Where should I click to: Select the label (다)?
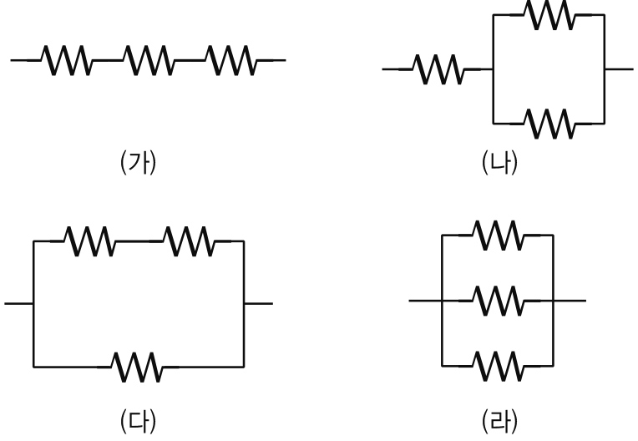[139, 415]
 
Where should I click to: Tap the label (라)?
[499, 415]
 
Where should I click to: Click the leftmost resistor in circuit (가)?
[66, 59]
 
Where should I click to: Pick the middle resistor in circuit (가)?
[148, 59]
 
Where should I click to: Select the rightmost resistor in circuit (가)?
[229, 59]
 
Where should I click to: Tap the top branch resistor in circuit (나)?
[549, 15]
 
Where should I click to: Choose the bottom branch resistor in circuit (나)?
[549, 124]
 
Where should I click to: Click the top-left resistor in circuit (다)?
[90, 241]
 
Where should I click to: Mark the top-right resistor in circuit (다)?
[189, 241]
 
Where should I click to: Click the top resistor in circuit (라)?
[499, 236]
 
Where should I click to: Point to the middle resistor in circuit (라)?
[499, 300]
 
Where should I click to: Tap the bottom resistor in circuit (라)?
[499, 364]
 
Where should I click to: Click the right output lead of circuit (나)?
[619, 69]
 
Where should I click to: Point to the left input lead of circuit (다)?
[18, 303]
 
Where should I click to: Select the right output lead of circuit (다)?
[258, 303]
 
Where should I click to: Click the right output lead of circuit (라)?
[570, 300]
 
